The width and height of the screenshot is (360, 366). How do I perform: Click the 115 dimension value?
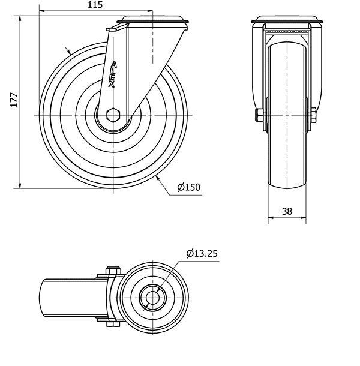[x=95, y=5]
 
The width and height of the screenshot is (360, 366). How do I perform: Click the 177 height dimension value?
[x=14, y=100]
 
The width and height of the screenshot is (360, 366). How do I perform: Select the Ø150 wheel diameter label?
[x=188, y=187]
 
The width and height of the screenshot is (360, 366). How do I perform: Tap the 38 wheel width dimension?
[x=287, y=211]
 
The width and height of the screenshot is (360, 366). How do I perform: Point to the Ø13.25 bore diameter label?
[x=202, y=253]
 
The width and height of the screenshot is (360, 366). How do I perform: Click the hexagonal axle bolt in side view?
[x=113, y=115]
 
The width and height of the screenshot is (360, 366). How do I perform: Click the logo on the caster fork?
[x=113, y=74]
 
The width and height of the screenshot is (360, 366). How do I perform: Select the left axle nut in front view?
[x=259, y=115]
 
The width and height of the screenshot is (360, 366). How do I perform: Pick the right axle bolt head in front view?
[x=314, y=115]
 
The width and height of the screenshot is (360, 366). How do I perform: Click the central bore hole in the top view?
[x=152, y=298]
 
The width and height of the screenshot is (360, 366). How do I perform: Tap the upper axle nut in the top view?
[x=113, y=270]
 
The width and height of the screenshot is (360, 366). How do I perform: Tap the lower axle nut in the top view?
[x=113, y=324]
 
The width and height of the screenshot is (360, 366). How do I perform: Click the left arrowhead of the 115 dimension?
[x=42, y=11]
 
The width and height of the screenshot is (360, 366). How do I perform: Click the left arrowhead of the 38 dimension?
[x=271, y=218]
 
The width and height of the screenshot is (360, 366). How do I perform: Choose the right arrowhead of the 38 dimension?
[x=303, y=218]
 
